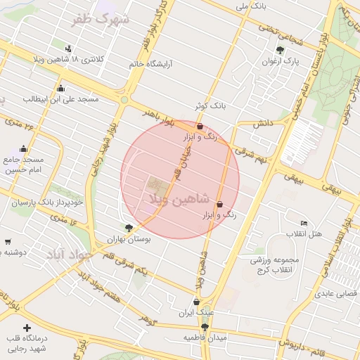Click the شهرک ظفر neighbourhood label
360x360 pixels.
coord(104,20)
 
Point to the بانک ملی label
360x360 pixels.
coord(251,6)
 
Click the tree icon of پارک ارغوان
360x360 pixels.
coord(281,50)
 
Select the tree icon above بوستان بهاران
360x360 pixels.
coord(129,227)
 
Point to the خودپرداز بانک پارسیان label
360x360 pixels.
coord(47,202)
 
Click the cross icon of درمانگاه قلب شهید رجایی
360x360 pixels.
coord(27,328)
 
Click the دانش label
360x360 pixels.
coord(262,123)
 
